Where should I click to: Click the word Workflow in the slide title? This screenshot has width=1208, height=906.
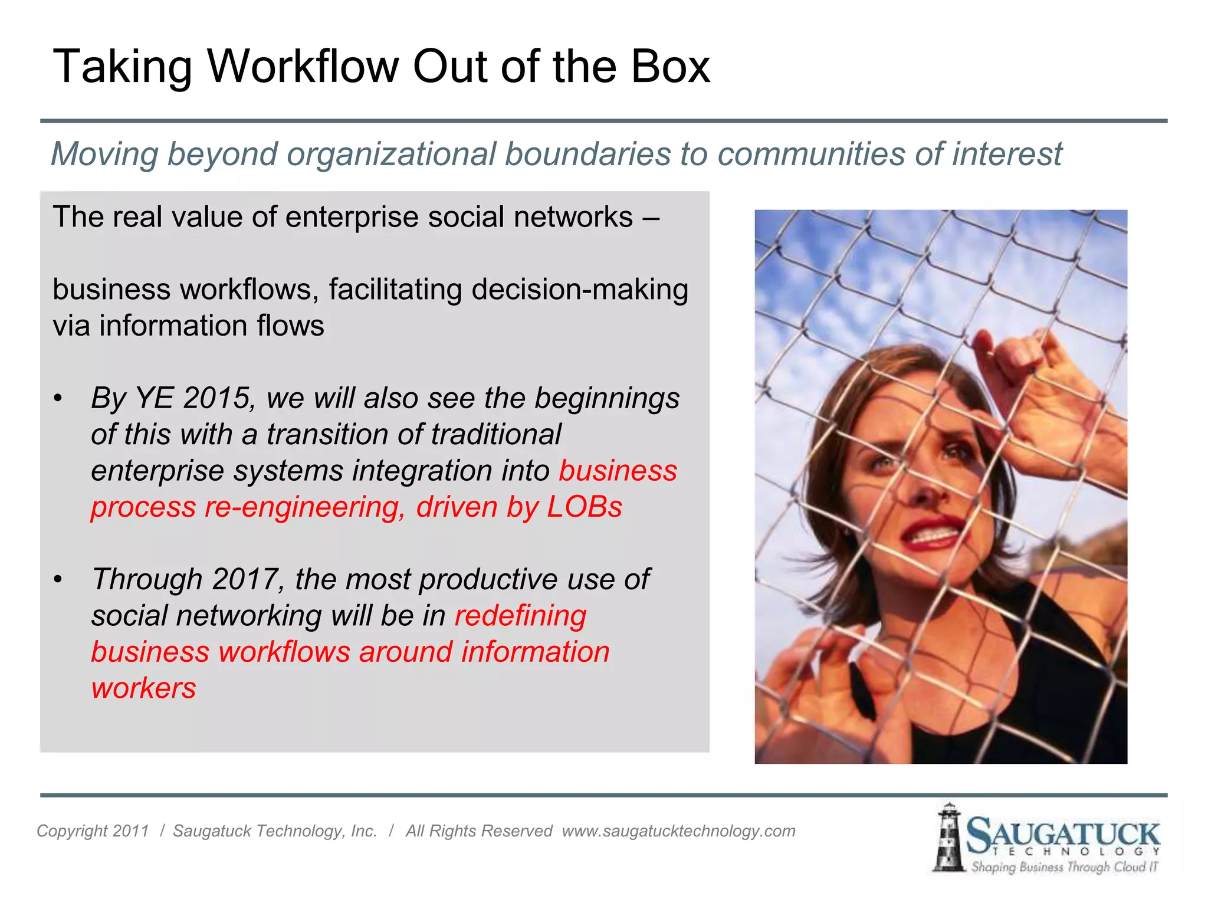[303, 66]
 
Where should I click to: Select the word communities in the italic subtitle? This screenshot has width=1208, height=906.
[812, 154]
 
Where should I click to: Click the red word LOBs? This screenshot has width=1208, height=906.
[585, 507]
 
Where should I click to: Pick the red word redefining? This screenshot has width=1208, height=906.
[520, 615]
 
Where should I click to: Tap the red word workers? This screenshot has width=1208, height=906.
[143, 688]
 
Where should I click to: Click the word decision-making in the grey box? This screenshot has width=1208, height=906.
[580, 290]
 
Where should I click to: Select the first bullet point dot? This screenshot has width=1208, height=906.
[58, 398]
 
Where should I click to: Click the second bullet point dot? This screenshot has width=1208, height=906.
[58, 579]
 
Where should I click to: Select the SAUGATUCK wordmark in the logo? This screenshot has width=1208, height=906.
[1062, 835]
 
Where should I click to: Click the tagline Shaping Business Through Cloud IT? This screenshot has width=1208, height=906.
[1065, 867]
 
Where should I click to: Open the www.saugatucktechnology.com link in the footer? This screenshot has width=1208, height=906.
[678, 831]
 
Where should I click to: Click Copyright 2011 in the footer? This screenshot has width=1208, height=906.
[93, 831]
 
